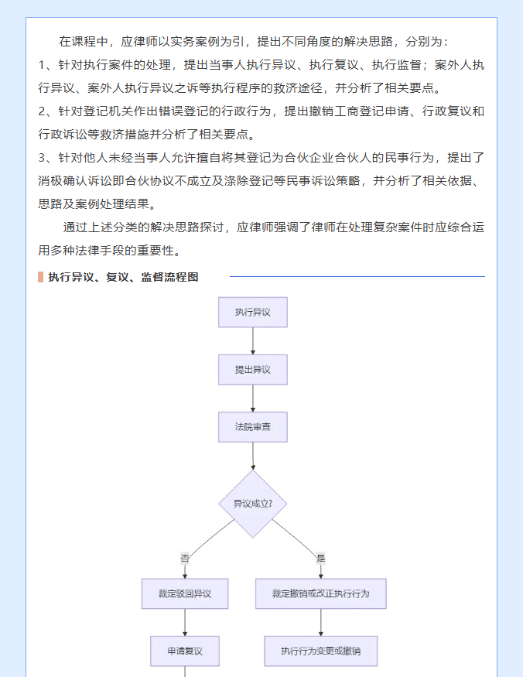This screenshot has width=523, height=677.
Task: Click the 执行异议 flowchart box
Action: [253, 312]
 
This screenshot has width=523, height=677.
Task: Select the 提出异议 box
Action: [253, 370]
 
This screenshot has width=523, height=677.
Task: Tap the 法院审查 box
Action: [253, 427]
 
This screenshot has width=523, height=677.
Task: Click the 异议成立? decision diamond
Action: [253, 504]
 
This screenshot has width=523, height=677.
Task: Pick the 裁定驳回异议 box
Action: [185, 593]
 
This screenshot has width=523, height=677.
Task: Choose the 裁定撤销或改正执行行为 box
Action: [321, 593]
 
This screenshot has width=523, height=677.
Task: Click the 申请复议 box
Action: [185, 651]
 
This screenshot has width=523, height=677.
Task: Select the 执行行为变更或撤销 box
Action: [321, 651]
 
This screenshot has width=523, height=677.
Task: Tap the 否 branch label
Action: [185, 559]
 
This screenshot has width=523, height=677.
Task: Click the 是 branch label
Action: [321, 559]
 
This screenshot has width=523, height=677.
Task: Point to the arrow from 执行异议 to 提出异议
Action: [253, 341]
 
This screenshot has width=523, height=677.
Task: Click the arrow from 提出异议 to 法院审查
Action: [253, 398]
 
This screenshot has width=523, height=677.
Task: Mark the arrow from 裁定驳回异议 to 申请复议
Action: [185, 623]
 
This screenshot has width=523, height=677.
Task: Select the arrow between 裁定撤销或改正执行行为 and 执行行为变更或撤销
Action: [321, 623]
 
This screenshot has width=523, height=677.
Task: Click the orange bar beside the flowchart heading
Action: [40, 277]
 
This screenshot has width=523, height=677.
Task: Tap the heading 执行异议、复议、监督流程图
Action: [123, 277]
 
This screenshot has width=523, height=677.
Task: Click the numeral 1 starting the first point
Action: [42, 65]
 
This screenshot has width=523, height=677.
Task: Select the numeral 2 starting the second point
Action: [42, 111]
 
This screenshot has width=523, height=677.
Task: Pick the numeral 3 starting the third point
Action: [42, 158]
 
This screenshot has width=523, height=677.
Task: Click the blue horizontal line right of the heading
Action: [357, 276]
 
